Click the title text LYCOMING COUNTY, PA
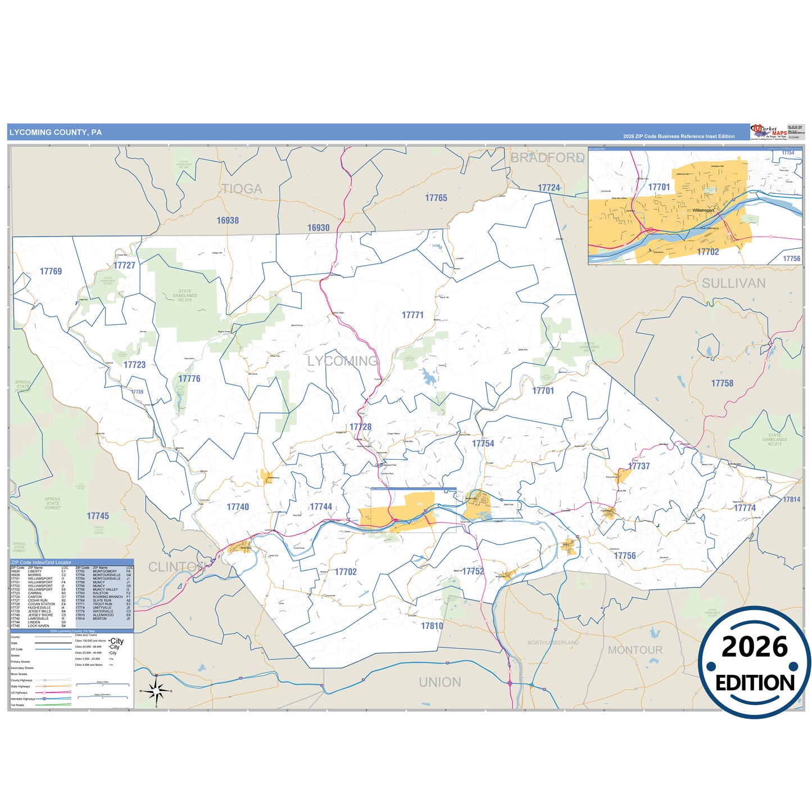pyautogui.click(x=55, y=133)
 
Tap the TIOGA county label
pyautogui.click(x=241, y=189)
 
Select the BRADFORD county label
pyautogui.click(x=547, y=158)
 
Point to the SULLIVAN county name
pyautogui.click(x=733, y=283)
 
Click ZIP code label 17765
pyautogui.click(x=436, y=198)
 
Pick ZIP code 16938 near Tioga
pyautogui.click(x=228, y=221)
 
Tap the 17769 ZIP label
pyautogui.click(x=51, y=271)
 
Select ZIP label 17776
pyautogui.click(x=189, y=379)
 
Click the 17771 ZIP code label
pyautogui.click(x=412, y=315)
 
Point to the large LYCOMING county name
pyautogui.click(x=342, y=361)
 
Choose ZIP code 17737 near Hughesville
pyautogui.click(x=639, y=466)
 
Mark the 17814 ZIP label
pyautogui.click(x=791, y=500)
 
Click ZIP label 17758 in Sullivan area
pyautogui.click(x=722, y=383)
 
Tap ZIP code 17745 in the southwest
pyautogui.click(x=98, y=516)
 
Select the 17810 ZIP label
pyautogui.click(x=432, y=626)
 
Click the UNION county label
pyautogui.click(x=439, y=682)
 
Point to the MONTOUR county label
pyautogui.click(x=635, y=650)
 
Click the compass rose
pyautogui.click(x=157, y=691)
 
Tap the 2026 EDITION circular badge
pyautogui.click(x=755, y=663)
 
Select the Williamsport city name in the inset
pyautogui.click(x=702, y=210)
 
